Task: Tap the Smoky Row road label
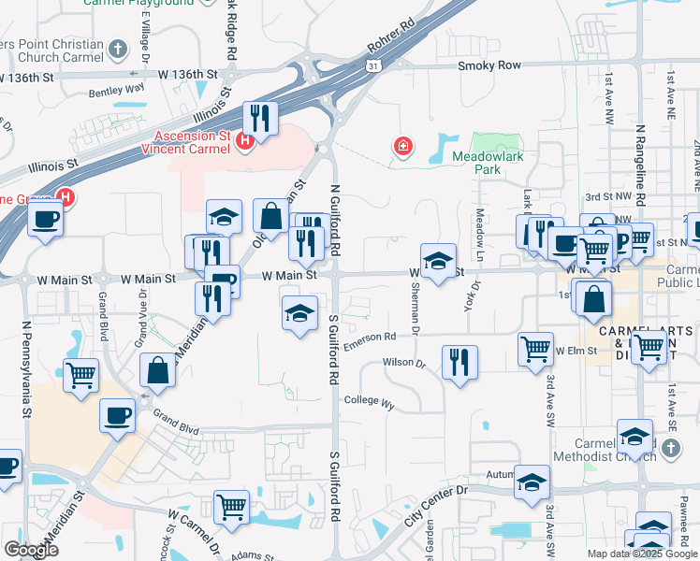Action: pyautogui.click(x=489, y=65)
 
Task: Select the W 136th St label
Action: pyautogui.click(x=187, y=73)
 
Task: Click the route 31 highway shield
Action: pyautogui.click(x=373, y=65)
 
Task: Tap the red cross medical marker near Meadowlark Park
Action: pyautogui.click(x=403, y=147)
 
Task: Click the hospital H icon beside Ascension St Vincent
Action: pyautogui.click(x=245, y=141)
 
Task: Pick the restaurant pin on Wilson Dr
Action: pyautogui.click(x=459, y=360)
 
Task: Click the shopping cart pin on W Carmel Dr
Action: pyautogui.click(x=231, y=506)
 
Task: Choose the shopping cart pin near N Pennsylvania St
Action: pyautogui.click(x=81, y=374)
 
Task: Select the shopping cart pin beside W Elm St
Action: pyautogui.click(x=535, y=349)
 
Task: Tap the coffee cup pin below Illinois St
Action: pyautogui.click(x=44, y=220)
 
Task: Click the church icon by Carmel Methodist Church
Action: pyautogui.click(x=670, y=449)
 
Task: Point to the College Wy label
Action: pyautogui.click(x=369, y=401)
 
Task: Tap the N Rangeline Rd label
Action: pyautogui.click(x=640, y=165)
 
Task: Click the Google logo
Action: pyautogui.click(x=32, y=550)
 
